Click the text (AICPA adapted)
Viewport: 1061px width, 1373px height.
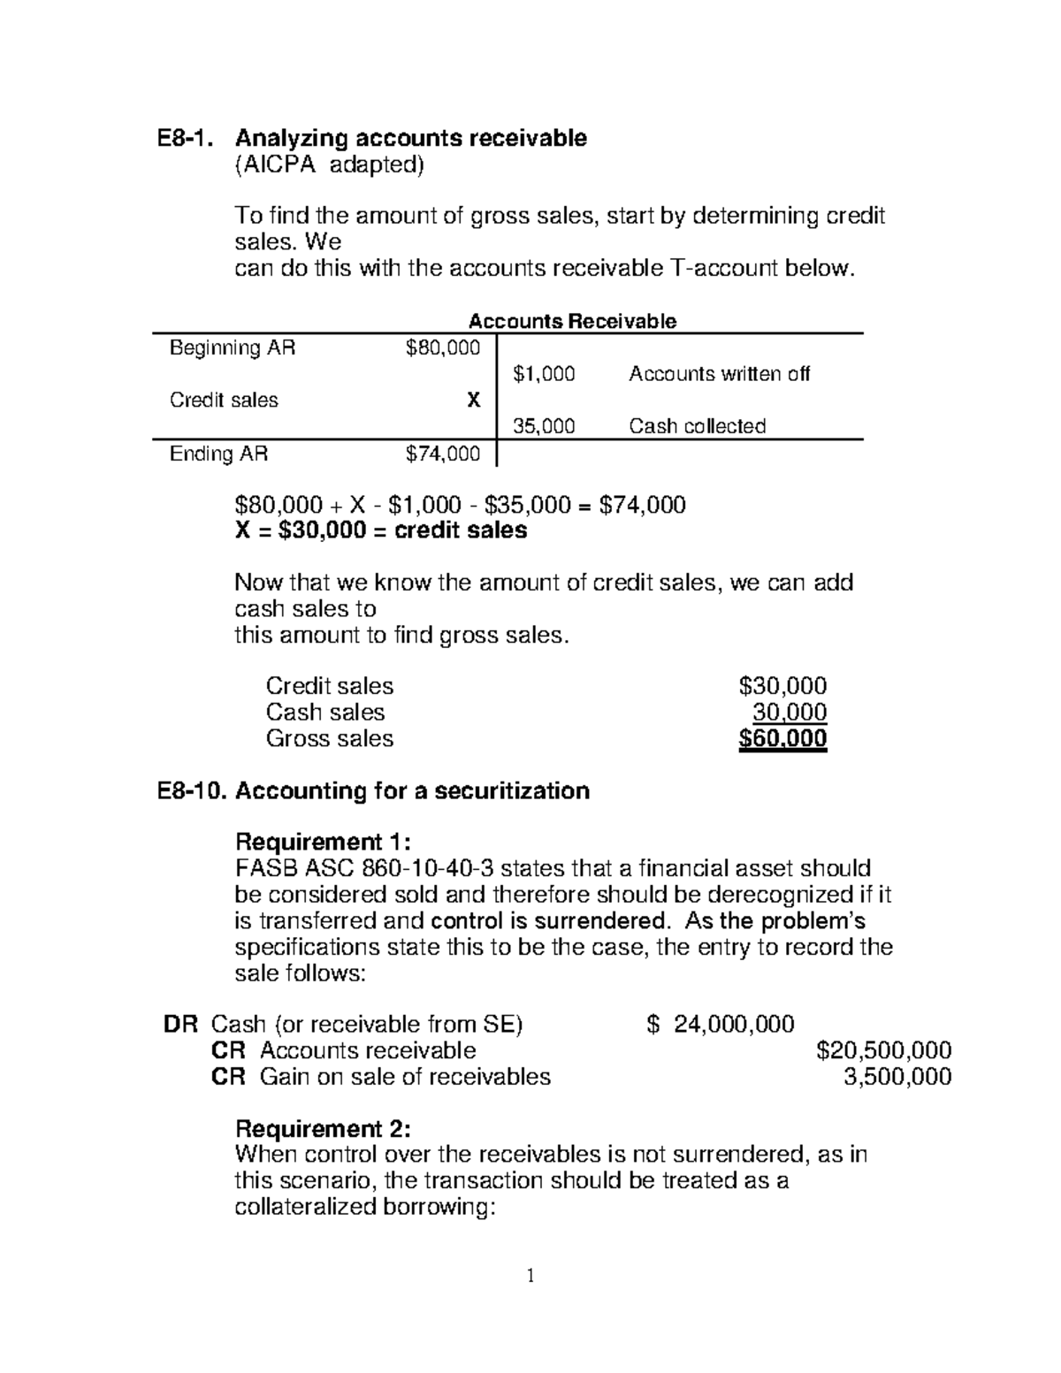pos(329,165)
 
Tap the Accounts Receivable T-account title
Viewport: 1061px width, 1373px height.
pos(572,322)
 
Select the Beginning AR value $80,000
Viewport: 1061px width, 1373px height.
pos(442,348)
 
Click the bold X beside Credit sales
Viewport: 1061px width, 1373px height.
pos(474,400)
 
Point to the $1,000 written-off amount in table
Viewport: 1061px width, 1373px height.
pos(544,374)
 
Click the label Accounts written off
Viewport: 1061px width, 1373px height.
pos(719,374)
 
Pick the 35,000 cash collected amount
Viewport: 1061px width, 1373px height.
pos(544,427)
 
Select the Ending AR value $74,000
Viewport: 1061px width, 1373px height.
pos(442,454)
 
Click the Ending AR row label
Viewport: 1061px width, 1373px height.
pos(218,454)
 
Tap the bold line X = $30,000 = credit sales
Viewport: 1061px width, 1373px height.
pos(380,530)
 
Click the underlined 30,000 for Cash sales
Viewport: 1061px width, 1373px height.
pos(790,713)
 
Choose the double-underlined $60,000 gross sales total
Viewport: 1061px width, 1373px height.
pos(782,739)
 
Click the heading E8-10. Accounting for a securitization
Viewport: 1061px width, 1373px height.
pos(373,790)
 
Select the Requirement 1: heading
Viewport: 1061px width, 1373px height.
pos(323,841)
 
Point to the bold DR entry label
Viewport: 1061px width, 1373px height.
pos(180,1025)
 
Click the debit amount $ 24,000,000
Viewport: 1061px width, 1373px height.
pos(721,1025)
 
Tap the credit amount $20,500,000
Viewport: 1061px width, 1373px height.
pos(883,1050)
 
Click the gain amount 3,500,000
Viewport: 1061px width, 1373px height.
pos(897,1077)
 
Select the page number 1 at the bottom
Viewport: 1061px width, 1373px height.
pos(530,1276)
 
